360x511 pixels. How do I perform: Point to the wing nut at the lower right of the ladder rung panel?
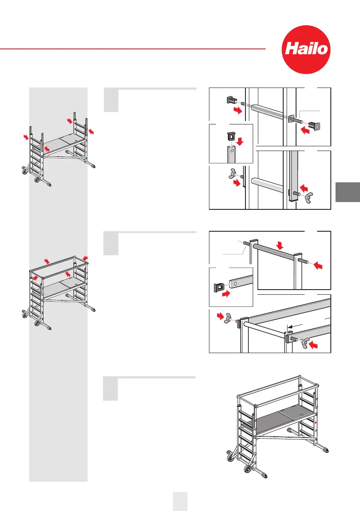pos(309,197)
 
